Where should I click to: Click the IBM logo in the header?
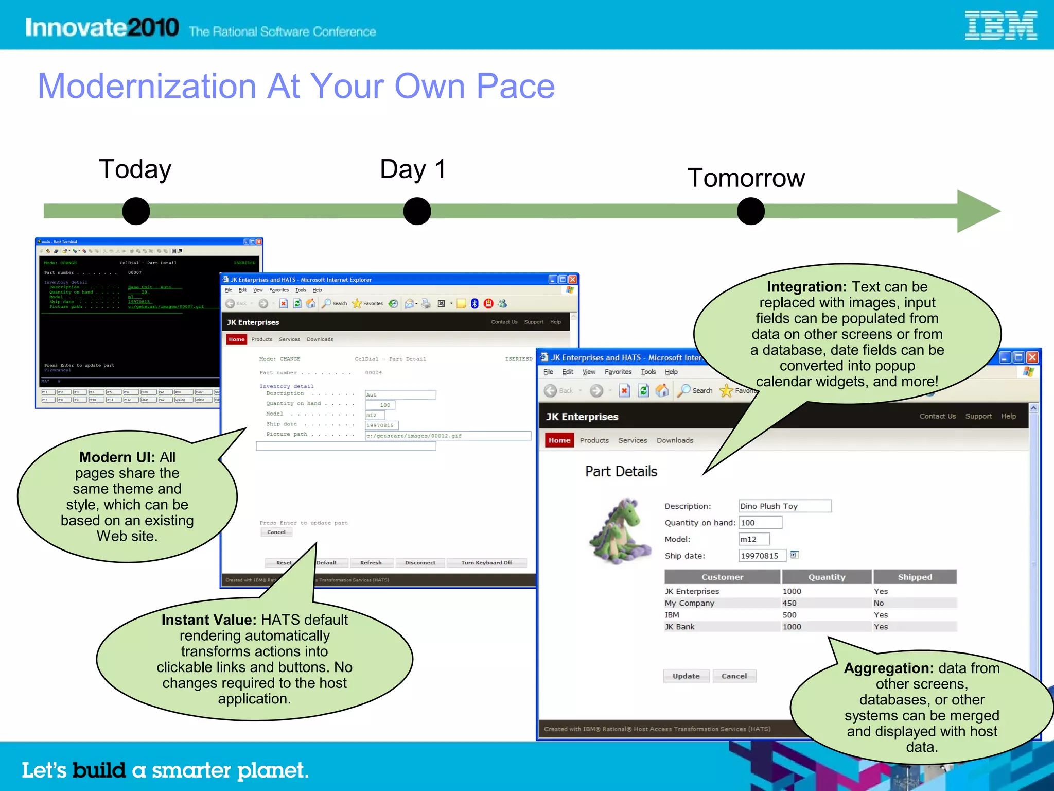1000,26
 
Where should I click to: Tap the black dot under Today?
136,211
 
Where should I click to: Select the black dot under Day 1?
417,211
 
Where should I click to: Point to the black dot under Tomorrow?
750,211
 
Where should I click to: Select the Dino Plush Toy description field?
784,506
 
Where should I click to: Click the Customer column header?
722,577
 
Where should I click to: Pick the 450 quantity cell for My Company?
789,603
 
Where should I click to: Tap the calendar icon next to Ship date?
794,555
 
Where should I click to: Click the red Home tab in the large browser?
559,440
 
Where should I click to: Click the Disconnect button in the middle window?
420,563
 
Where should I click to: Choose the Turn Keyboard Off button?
486,563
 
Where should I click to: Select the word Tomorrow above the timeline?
746,178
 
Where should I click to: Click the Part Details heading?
621,471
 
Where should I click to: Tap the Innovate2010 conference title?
102,27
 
